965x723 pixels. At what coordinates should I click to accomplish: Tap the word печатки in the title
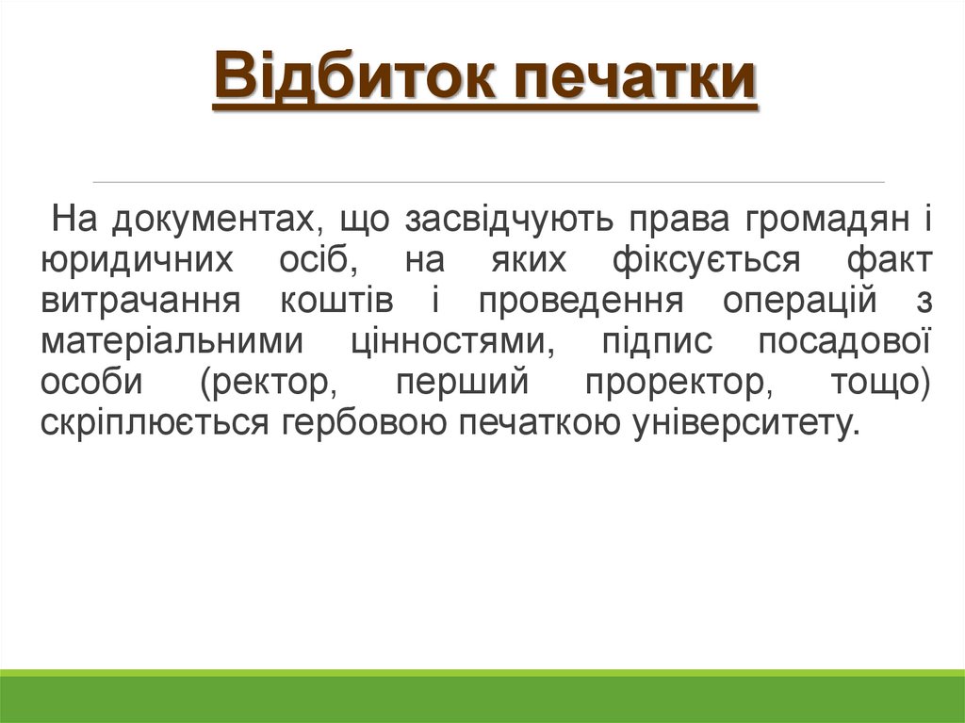pos(636,80)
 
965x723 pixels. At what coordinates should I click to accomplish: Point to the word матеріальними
pos(171,342)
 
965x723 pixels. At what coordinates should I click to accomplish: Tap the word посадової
pos(844,342)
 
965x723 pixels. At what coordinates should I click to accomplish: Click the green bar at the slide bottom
pos(482,698)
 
